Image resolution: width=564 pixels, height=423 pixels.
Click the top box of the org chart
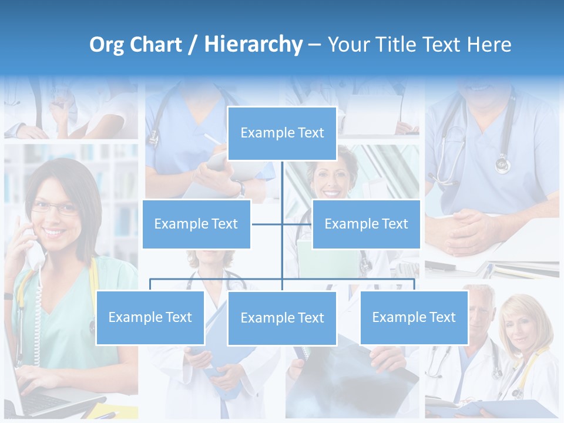coord(282,133)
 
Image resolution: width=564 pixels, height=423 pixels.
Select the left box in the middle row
coord(196,224)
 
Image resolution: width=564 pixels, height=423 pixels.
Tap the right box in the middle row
coord(366,224)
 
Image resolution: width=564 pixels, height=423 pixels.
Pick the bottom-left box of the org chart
coord(150,317)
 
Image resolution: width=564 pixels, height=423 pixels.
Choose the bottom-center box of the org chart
coord(282,318)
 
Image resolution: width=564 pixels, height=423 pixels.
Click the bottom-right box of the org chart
coord(414,317)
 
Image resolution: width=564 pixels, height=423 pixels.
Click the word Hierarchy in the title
coord(253,45)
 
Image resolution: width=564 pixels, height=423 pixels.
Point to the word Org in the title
coord(107,45)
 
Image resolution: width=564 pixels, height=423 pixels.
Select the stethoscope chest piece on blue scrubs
coord(503,163)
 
